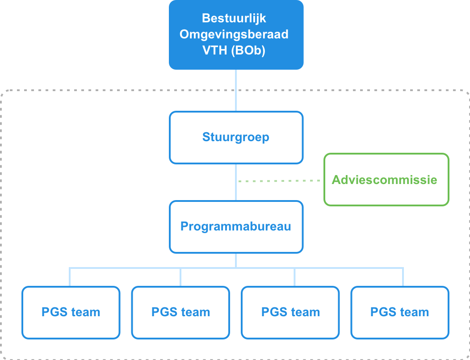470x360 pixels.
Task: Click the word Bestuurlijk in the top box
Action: click(x=234, y=18)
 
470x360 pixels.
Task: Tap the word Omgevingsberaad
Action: click(x=234, y=34)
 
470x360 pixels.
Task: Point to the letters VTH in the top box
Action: click(x=215, y=50)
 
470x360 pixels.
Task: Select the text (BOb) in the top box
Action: click(x=248, y=50)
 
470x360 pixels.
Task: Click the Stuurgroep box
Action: click(x=236, y=138)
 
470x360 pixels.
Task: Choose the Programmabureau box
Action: click(x=236, y=227)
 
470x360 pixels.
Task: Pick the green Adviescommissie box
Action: click(x=386, y=180)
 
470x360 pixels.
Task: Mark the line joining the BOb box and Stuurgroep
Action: click(x=236, y=91)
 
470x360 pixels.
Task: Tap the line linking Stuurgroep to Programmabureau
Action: click(x=236, y=182)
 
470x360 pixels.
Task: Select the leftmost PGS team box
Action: click(x=71, y=313)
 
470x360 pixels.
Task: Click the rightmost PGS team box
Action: click(x=400, y=313)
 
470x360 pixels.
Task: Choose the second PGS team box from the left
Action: click(x=180, y=313)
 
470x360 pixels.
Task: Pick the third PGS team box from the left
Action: click(x=290, y=313)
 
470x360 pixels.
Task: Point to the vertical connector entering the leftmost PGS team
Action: click(x=70, y=277)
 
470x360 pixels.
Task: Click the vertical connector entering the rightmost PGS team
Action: click(x=403, y=277)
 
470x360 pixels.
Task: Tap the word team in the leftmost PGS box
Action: click(x=85, y=312)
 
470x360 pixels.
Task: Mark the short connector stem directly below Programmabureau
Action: click(x=236, y=260)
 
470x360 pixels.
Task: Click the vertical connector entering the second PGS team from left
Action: click(x=180, y=277)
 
